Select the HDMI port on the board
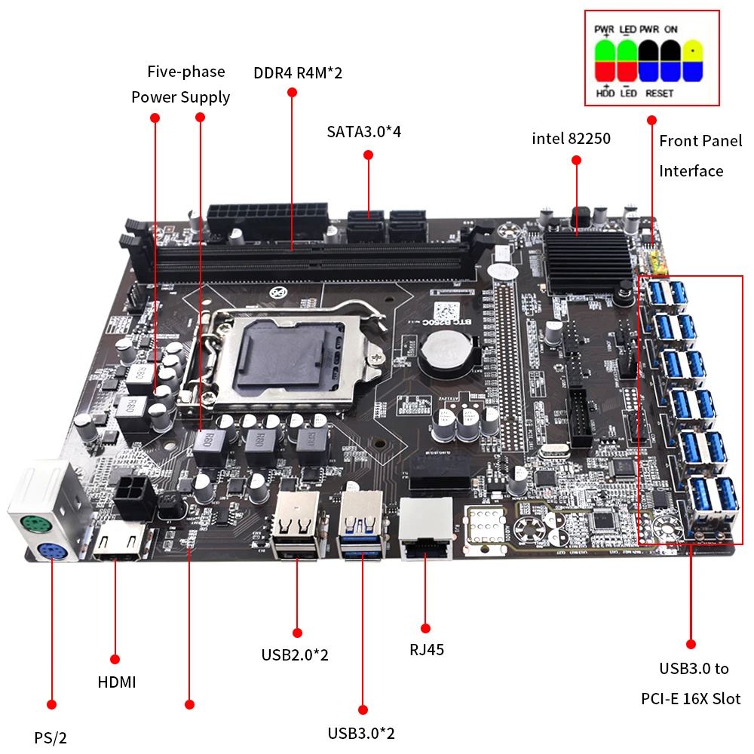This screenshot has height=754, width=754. (119, 541)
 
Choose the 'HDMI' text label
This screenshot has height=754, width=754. (117, 682)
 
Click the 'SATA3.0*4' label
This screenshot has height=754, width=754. (363, 132)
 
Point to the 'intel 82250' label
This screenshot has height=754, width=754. (571, 139)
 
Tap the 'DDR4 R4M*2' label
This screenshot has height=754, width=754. (298, 73)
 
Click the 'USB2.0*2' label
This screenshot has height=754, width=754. (295, 654)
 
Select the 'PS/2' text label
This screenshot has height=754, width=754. (55, 737)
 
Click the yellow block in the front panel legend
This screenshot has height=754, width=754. (693, 51)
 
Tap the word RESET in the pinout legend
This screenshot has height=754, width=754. (659, 93)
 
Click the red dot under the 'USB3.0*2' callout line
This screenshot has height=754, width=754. (363, 710)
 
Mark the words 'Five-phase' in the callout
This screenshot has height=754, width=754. (185, 72)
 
